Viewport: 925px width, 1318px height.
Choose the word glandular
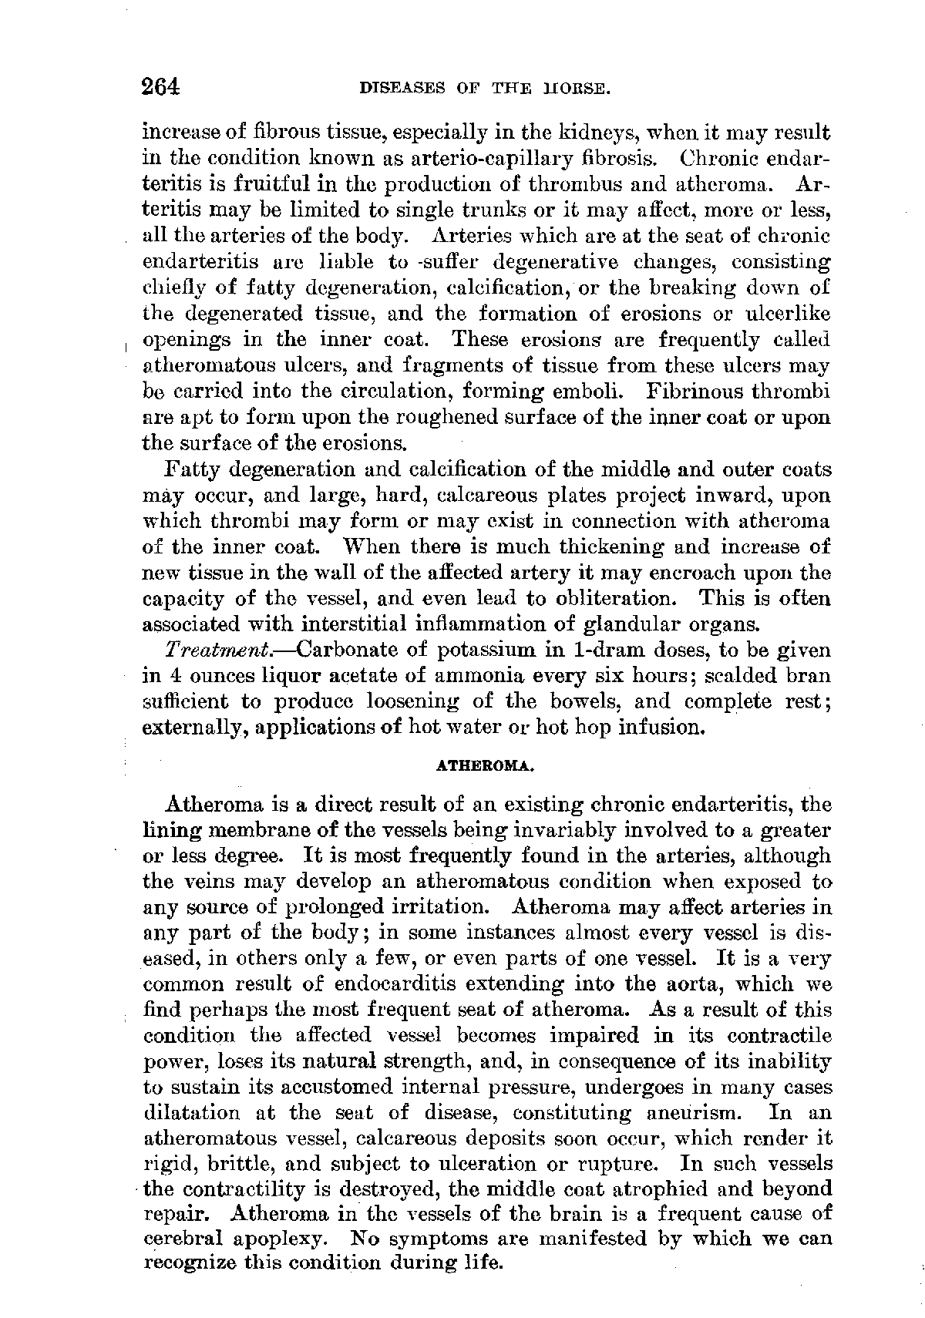click(645, 624)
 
